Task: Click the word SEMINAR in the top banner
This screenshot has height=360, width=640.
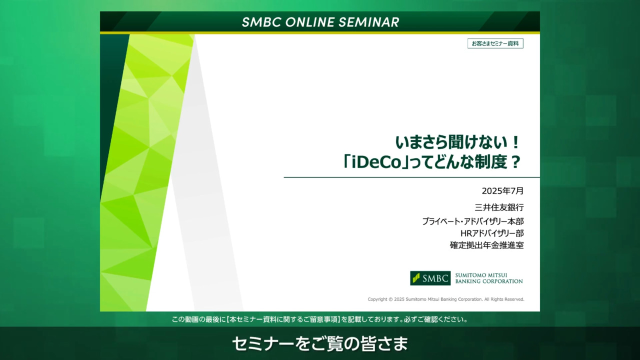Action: [x=369, y=22]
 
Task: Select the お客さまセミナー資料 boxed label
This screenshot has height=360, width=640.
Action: [x=495, y=43]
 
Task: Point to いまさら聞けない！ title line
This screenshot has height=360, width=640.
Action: [x=457, y=142]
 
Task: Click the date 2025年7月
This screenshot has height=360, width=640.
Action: [x=502, y=191]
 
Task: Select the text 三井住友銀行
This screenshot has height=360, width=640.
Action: [x=499, y=207]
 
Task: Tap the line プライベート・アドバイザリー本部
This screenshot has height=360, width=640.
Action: [x=473, y=221]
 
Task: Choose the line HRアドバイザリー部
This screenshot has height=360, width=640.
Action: [x=492, y=233]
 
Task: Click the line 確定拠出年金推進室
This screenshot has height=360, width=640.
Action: [x=487, y=245]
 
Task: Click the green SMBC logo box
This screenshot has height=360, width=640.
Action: [x=430, y=278]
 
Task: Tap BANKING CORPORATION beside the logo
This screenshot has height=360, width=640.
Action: [x=489, y=281]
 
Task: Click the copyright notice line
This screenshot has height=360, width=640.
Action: [x=445, y=299]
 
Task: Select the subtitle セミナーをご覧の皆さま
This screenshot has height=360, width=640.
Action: [x=320, y=343]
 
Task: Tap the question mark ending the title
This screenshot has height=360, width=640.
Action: [x=515, y=162]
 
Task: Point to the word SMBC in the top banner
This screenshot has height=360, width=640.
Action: [x=261, y=22]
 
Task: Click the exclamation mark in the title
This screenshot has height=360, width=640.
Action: [x=515, y=142]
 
